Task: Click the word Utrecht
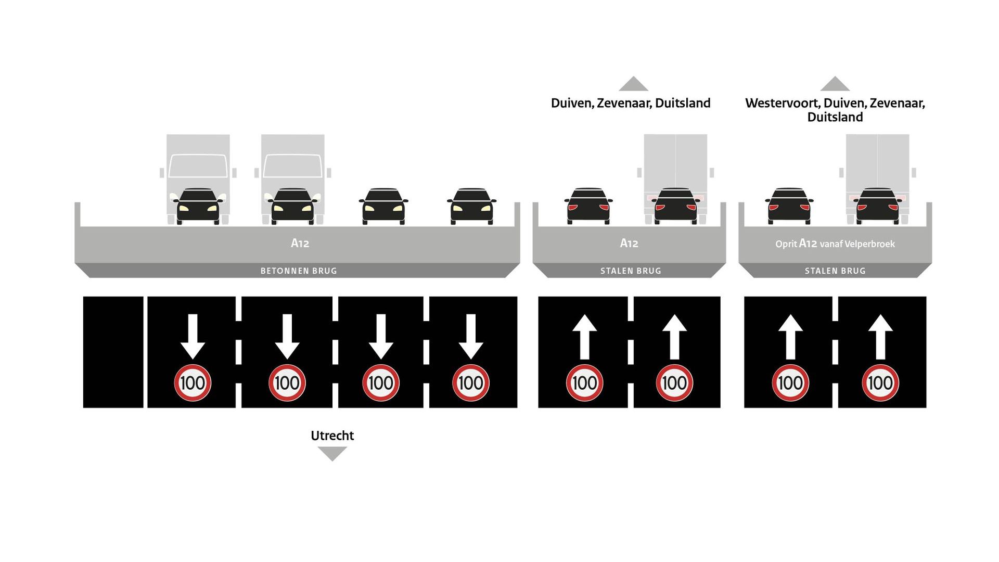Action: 332,436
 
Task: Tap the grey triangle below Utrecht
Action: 332,454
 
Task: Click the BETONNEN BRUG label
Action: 299,271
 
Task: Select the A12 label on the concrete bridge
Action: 300,243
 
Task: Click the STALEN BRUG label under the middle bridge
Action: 631,271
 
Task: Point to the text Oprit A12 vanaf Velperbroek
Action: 835,244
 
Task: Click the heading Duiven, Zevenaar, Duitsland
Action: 630,103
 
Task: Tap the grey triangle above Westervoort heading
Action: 835,84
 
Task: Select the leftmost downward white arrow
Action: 193,336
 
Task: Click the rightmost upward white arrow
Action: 880,336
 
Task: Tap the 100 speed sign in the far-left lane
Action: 193,383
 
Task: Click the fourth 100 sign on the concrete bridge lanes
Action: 470,383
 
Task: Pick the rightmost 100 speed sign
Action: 880,383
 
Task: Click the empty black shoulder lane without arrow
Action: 113,352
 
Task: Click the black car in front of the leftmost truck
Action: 198,207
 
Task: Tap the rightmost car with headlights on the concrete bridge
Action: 471,207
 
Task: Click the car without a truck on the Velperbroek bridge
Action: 789,207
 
